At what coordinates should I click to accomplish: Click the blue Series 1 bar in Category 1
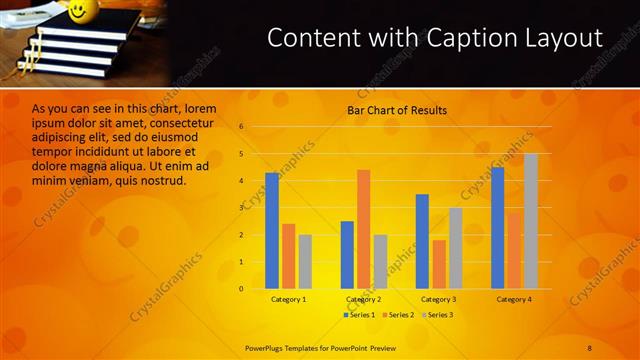pyautogui.click(x=272, y=231)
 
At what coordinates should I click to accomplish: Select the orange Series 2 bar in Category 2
pyautogui.click(x=363, y=229)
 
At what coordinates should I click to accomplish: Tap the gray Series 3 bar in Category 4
pyautogui.click(x=530, y=221)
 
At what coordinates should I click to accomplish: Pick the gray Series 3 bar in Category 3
pyautogui.click(x=455, y=248)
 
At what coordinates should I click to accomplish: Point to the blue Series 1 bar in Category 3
pyautogui.click(x=422, y=241)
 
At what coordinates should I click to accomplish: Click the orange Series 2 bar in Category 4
pyautogui.click(x=514, y=250)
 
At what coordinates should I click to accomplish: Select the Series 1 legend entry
pyautogui.click(x=361, y=315)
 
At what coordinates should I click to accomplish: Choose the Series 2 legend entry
pyautogui.click(x=399, y=315)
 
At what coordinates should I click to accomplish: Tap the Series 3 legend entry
pyautogui.click(x=437, y=315)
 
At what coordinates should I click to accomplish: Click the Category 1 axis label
pyautogui.click(x=289, y=299)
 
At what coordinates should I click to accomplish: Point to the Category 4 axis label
pyautogui.click(x=514, y=299)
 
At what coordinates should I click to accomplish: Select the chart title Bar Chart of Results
pyautogui.click(x=397, y=110)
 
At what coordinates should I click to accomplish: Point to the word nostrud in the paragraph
pyautogui.click(x=164, y=180)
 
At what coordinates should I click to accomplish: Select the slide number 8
pyautogui.click(x=590, y=346)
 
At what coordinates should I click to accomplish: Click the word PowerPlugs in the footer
pyautogui.click(x=268, y=346)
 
